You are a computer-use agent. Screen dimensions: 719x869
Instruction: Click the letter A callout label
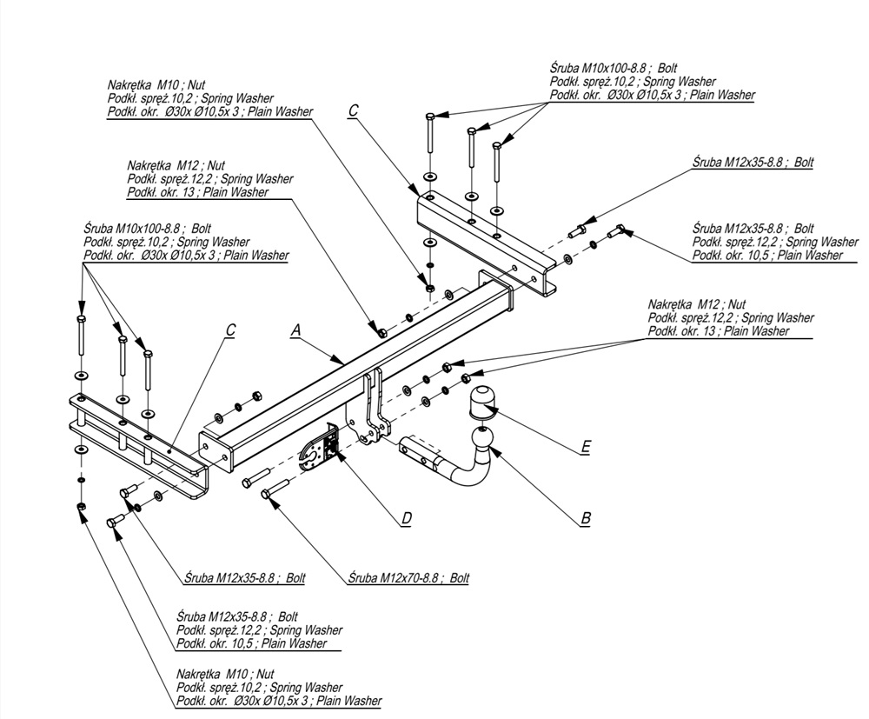click(x=295, y=330)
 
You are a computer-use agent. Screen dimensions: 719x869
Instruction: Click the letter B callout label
click(x=586, y=518)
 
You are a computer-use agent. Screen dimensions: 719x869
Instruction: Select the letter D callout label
click(x=406, y=519)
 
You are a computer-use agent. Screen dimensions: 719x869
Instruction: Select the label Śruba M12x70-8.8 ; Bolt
click(x=408, y=577)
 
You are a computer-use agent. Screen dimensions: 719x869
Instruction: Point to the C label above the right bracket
click(x=353, y=110)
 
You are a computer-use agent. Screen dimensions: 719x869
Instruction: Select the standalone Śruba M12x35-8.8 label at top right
click(x=753, y=163)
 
